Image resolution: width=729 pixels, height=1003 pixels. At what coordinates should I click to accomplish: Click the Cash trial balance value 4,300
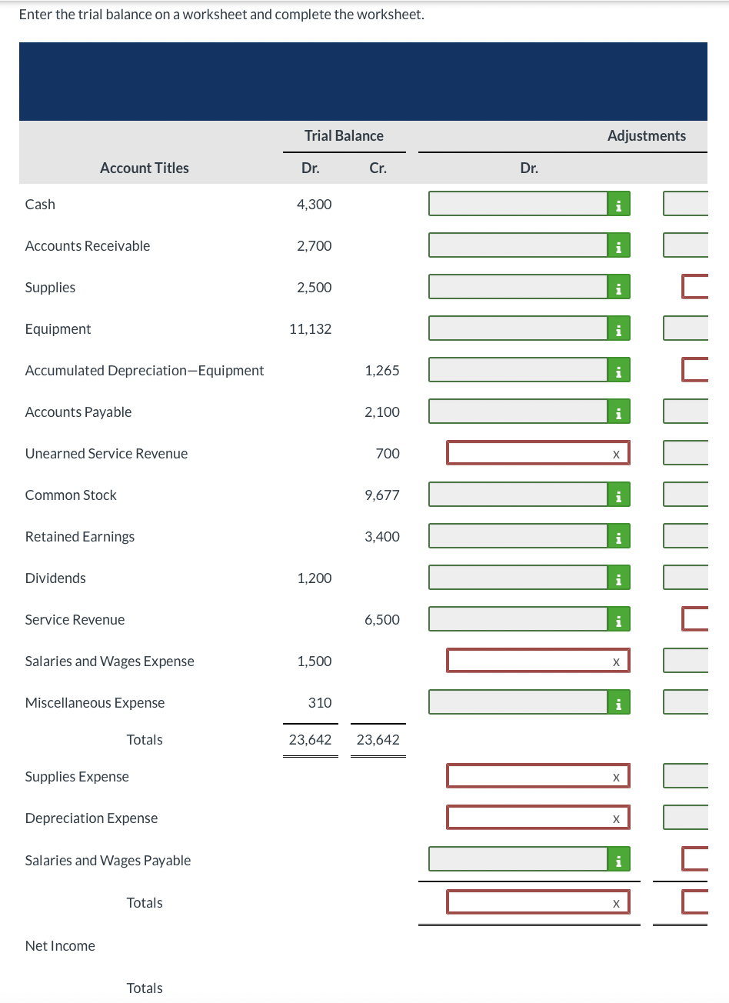(314, 205)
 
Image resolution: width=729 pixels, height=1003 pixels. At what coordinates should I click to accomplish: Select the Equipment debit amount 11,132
(311, 329)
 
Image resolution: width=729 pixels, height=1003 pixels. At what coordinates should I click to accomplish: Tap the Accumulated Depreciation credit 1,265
(381, 371)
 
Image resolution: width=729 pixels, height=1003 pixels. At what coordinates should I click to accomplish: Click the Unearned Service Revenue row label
(106, 454)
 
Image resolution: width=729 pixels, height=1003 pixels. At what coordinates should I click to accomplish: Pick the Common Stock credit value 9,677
(381, 495)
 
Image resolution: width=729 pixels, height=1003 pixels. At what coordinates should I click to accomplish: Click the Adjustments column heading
(646, 136)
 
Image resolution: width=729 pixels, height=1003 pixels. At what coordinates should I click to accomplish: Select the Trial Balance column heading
(344, 136)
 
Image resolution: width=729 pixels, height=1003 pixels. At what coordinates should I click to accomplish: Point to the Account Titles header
(144, 168)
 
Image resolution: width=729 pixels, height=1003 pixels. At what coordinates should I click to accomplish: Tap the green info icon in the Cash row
(618, 205)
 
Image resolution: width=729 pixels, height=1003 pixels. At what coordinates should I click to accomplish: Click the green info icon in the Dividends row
(618, 578)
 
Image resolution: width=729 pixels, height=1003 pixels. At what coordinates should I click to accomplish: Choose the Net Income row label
(60, 946)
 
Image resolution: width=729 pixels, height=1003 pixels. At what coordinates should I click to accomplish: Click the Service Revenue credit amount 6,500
(381, 620)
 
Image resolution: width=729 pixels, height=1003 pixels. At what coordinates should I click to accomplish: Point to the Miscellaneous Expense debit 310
(320, 703)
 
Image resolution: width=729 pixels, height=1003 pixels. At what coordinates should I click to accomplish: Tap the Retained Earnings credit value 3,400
(381, 537)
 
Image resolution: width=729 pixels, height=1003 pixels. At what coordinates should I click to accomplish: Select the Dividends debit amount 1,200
(314, 578)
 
